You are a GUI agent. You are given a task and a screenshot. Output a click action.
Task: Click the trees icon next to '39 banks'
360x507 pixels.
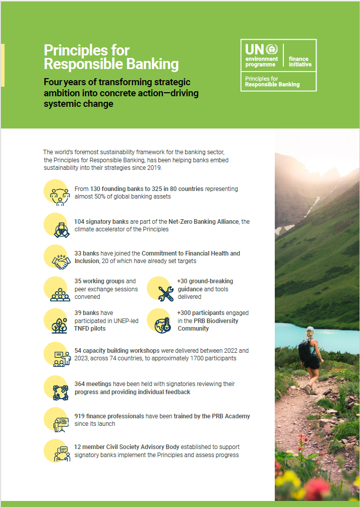coord(59,325)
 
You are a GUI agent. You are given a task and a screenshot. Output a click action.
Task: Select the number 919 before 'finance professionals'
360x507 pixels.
coord(80,416)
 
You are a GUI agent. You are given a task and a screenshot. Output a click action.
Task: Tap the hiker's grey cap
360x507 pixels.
coord(310,330)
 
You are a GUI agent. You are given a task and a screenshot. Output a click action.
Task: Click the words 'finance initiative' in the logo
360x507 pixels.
coord(299,61)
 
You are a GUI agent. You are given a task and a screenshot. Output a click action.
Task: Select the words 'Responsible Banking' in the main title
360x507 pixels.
coord(111,65)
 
